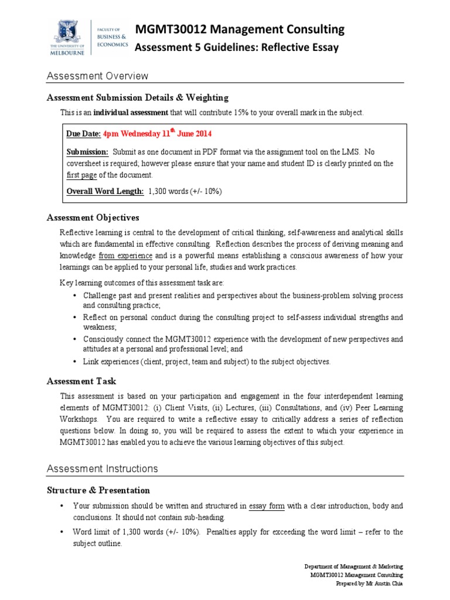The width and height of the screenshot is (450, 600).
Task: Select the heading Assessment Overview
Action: tap(97, 76)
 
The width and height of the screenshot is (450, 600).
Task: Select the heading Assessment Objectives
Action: tap(93, 217)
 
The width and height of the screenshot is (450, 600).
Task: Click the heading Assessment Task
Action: tap(83, 381)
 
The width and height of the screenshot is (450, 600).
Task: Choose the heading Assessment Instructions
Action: tap(103, 468)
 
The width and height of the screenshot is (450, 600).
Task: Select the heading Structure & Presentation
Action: tap(98, 490)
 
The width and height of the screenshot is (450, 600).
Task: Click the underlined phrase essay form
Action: tap(267, 505)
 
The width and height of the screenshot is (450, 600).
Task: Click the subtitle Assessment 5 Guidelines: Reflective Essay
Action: tap(237, 48)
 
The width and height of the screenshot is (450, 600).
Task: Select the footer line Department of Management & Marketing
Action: tap(354, 567)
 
